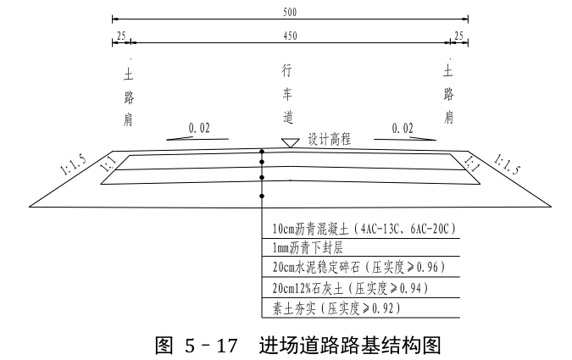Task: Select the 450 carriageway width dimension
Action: click(x=289, y=35)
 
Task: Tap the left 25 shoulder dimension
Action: click(x=122, y=35)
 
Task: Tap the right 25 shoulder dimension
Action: click(x=458, y=35)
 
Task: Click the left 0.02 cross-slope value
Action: click(x=199, y=127)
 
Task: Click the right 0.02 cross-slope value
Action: click(x=403, y=127)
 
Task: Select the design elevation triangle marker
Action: click(x=289, y=142)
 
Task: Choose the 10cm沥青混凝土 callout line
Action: click(x=364, y=230)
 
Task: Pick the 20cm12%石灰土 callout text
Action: click(x=347, y=287)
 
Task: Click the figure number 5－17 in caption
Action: click(x=203, y=344)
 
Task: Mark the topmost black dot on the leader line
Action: click(x=262, y=152)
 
